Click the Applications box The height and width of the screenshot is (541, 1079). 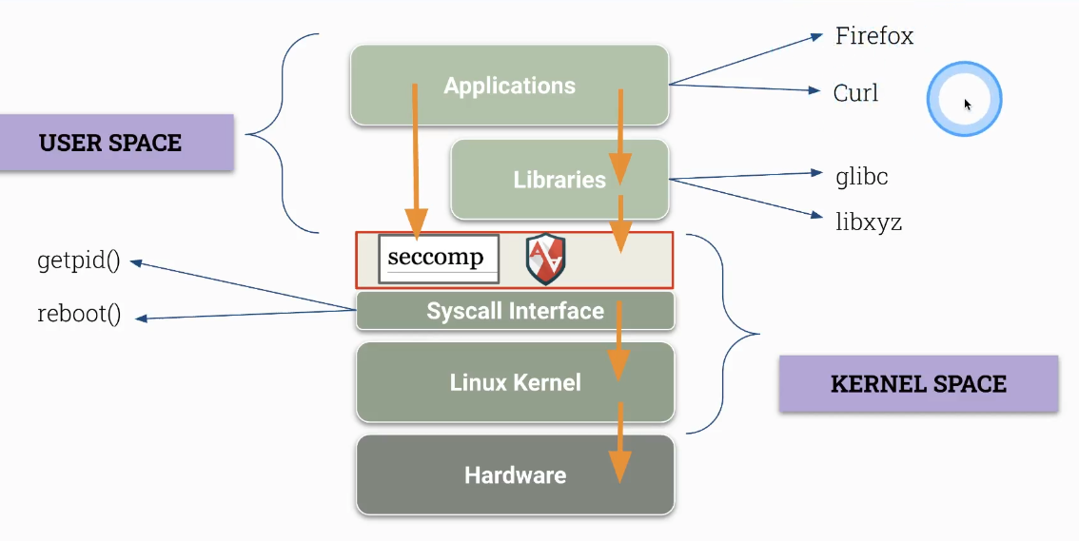point(509,86)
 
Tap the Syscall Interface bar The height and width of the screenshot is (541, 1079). point(515,311)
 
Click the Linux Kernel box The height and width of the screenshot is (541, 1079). point(515,382)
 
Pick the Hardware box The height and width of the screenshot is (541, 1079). point(515,474)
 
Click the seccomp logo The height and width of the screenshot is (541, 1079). point(438,258)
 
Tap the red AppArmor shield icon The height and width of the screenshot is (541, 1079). point(545,260)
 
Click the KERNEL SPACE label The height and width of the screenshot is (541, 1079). point(918,384)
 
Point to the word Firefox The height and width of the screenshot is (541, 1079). point(873,36)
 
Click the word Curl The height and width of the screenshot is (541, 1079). point(855,93)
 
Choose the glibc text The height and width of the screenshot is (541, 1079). point(862,176)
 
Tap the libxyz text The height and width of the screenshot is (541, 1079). point(868,223)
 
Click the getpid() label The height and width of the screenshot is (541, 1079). point(79,261)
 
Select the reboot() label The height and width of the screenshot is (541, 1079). point(79,315)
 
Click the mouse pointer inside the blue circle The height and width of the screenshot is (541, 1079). point(967,103)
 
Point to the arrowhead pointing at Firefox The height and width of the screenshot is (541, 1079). point(815,37)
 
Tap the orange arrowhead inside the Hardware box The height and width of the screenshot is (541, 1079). point(619,466)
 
